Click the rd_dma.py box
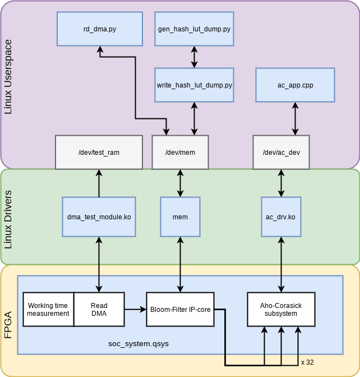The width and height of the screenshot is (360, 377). [100, 29]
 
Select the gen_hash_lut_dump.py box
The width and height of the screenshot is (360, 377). [194, 29]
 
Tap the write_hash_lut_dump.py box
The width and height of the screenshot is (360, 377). [194, 85]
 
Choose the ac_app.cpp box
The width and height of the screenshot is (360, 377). [295, 85]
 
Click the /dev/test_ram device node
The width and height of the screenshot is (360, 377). [99, 152]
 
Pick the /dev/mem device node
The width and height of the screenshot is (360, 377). [180, 152]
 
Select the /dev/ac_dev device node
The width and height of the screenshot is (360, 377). [281, 152]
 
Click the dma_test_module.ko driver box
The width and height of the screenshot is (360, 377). [99, 217]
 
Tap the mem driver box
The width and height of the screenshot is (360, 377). [180, 217]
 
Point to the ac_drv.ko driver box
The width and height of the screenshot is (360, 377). [281, 217]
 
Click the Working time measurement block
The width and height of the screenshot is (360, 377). [48, 309]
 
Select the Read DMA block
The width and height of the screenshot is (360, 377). [99, 309]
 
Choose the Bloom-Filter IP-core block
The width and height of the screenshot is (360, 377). [180, 309]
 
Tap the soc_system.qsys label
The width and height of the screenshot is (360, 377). [138, 342]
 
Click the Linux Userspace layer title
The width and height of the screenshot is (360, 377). [8, 82]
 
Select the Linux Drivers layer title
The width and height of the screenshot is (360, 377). [8, 217]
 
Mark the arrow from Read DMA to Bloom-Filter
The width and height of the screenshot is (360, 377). [135, 309]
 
